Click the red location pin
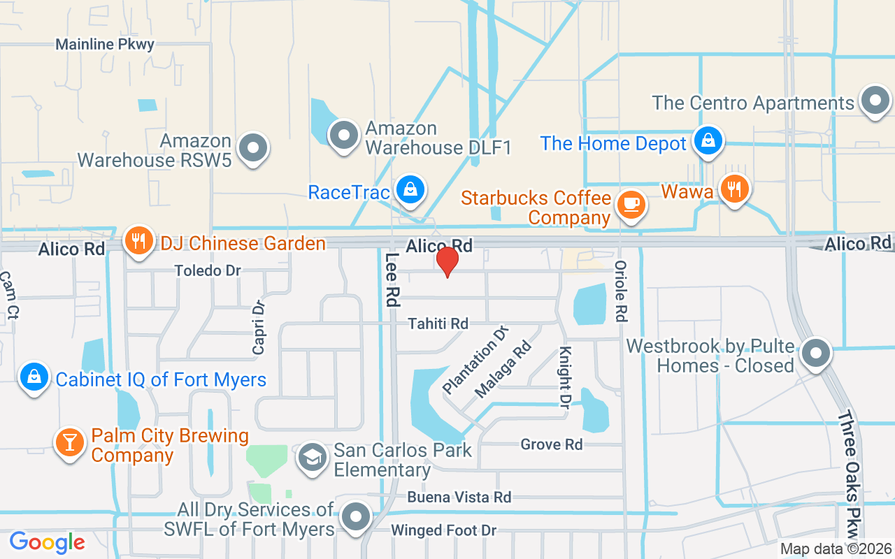447,261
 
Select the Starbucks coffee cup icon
631,203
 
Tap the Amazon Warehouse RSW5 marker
253,148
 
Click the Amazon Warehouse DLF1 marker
343,134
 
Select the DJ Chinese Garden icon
139,241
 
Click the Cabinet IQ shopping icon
34,377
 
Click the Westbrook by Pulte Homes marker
815,353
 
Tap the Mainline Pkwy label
105,45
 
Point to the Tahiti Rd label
438,324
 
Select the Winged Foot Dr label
444,530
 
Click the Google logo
47,542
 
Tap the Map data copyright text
836,549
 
